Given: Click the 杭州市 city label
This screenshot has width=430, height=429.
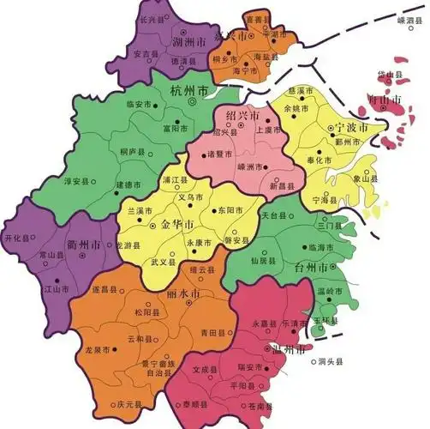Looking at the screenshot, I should pos(189,90).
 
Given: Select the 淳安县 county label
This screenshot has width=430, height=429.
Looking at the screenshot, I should pos(79,182).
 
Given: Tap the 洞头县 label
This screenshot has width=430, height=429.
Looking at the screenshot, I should pos(329,361).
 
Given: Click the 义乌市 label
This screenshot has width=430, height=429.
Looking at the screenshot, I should pos(188,196).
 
